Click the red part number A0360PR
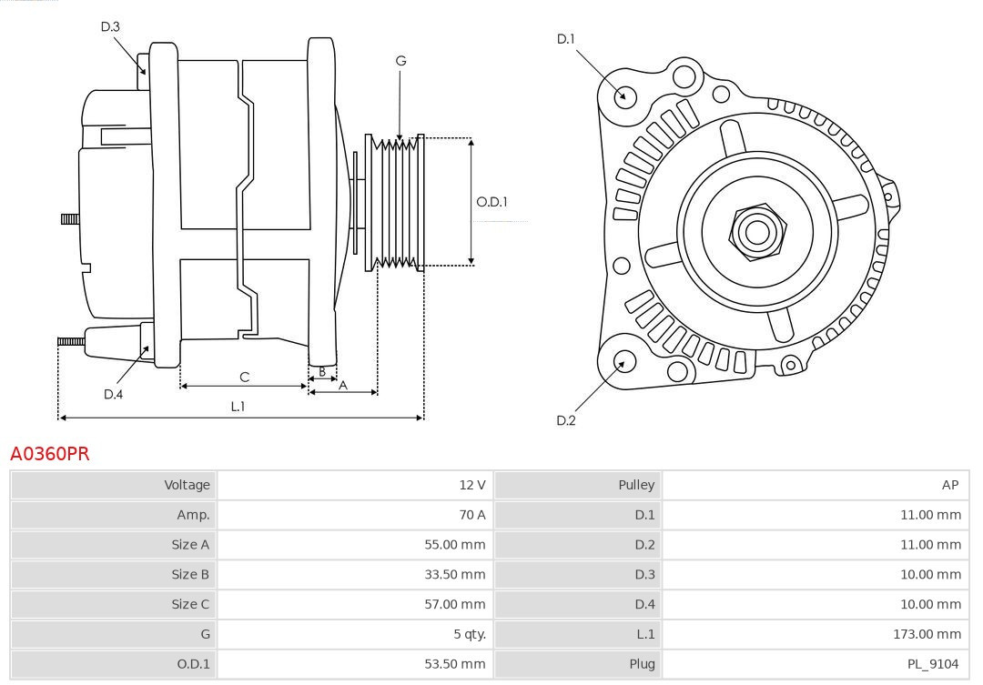(x=50, y=453)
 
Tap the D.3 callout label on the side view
(x=110, y=27)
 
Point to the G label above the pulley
(x=400, y=61)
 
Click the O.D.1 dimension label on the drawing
(x=491, y=202)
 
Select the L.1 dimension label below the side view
(x=238, y=407)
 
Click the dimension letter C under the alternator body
(x=244, y=377)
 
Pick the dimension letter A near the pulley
(x=343, y=385)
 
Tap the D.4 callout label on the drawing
(x=113, y=394)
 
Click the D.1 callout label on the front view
(x=566, y=39)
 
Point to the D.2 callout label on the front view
(x=566, y=420)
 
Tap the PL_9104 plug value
(x=933, y=664)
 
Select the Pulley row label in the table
(x=636, y=485)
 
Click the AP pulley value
(x=950, y=485)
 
